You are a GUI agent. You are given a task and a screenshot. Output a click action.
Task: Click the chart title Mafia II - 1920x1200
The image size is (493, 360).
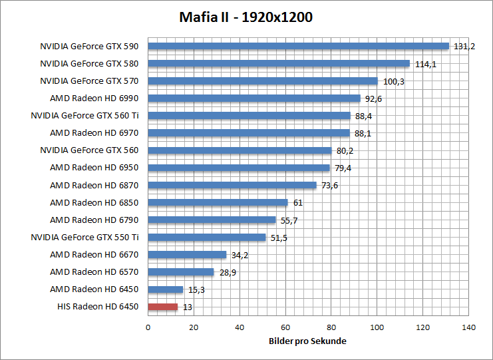click(x=246, y=17)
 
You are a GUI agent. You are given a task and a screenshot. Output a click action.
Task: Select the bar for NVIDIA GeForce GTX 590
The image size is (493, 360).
click(x=298, y=46)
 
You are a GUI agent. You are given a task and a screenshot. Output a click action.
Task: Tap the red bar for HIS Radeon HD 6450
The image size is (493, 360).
click(x=162, y=307)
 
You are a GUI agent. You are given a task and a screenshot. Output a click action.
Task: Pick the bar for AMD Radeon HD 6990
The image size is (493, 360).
click(x=253, y=98)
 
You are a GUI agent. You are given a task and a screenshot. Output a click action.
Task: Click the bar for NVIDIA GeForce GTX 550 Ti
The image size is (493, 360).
click(x=206, y=238)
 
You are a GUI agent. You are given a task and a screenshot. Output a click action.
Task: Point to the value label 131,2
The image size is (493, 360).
click(x=464, y=47)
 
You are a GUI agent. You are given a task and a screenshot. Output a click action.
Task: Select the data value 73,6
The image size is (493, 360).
click(x=330, y=186)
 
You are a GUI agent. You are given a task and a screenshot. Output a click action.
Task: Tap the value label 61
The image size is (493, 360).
click(x=298, y=203)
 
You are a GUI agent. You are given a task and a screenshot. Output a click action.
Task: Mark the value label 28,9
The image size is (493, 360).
click(x=228, y=272)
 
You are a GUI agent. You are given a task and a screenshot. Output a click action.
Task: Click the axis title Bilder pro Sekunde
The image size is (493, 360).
click(x=308, y=341)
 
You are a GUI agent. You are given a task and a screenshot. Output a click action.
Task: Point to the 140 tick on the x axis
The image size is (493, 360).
click(x=469, y=327)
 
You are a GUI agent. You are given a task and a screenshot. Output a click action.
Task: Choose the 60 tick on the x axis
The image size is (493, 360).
click(x=285, y=327)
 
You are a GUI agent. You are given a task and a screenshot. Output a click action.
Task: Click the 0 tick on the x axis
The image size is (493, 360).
click(x=148, y=327)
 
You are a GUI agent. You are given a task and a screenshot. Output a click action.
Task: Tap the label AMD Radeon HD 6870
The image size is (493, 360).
click(x=94, y=186)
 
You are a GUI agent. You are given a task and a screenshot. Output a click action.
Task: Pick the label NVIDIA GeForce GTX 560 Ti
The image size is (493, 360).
click(x=84, y=116)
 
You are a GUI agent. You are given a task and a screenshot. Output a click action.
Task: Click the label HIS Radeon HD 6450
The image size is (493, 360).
click(x=98, y=307)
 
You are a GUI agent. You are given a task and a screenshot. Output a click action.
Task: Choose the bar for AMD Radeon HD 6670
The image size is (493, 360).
click(x=187, y=255)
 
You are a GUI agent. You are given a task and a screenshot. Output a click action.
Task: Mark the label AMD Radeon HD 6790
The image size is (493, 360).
click(x=94, y=220)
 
